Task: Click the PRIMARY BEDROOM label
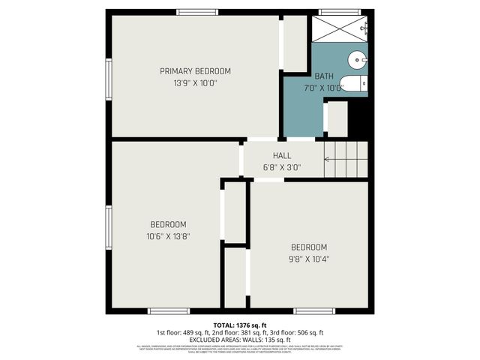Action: click(195, 71)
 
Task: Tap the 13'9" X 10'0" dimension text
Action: click(195, 83)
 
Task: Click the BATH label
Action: click(324, 76)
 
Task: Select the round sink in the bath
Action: click(357, 58)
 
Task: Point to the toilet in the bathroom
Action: click(352, 83)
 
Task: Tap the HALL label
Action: click(282, 156)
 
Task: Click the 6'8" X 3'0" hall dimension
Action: click(282, 167)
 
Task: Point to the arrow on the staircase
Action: click(327, 158)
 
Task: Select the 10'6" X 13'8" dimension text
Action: click(169, 236)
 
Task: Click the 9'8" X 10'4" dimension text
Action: click(310, 259)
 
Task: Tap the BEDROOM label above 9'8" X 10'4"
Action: click(310, 247)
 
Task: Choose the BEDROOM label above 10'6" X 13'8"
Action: click(169, 224)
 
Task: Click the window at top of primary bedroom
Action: click(197, 12)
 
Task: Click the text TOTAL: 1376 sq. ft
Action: click(239, 325)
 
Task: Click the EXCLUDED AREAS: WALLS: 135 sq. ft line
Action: click(239, 339)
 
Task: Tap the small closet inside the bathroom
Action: click(337, 118)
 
